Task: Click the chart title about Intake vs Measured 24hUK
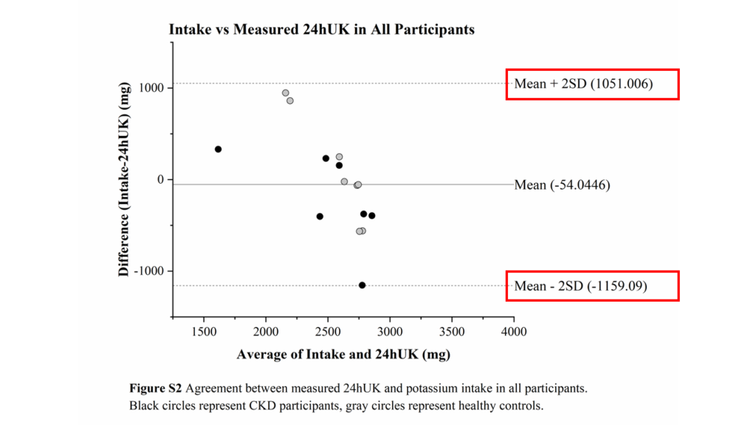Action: pyautogui.click(x=321, y=30)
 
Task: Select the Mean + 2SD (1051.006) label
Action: pyautogui.click(x=583, y=83)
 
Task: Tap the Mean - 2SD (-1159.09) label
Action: pyautogui.click(x=580, y=286)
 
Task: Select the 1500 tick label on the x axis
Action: pyautogui.click(x=204, y=331)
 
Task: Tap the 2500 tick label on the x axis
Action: pyautogui.click(x=328, y=331)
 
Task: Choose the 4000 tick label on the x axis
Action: pyautogui.click(x=514, y=331)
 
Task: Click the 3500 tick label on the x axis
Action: pyautogui.click(x=452, y=331)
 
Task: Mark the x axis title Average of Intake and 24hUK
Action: pyautogui.click(x=343, y=354)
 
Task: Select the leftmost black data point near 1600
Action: pyautogui.click(x=218, y=149)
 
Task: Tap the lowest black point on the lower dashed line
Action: pyautogui.click(x=362, y=285)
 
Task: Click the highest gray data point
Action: pyautogui.click(x=286, y=93)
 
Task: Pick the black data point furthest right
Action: pyautogui.click(x=371, y=215)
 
